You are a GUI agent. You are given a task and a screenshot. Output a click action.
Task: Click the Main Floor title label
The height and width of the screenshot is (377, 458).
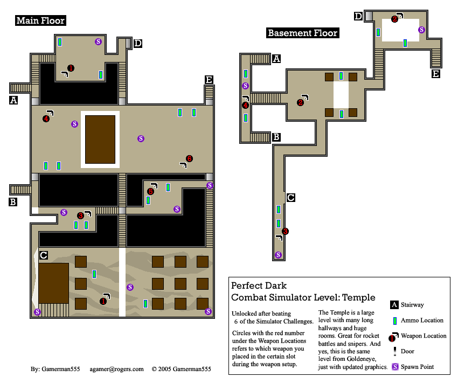click(40, 21)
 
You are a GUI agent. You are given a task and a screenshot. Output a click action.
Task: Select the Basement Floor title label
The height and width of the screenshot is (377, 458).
click(302, 33)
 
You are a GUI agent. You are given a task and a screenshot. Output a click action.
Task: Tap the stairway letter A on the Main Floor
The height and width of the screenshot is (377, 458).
click(13, 100)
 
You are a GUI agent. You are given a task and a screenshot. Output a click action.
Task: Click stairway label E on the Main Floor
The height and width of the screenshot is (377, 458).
click(209, 80)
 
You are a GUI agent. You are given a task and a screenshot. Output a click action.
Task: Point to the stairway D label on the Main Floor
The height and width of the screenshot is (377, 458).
click(137, 43)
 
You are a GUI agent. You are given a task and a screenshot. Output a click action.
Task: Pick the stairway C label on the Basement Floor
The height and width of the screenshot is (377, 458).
click(290, 198)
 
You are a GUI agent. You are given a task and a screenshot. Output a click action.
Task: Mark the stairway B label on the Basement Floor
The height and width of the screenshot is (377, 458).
click(276, 137)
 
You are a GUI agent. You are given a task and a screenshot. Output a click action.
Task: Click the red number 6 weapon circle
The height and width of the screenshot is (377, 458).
click(189, 158)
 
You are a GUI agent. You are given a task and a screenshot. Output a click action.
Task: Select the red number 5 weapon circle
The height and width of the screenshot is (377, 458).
click(150, 191)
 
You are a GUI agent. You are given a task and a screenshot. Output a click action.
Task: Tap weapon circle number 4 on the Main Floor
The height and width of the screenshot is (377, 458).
click(46, 119)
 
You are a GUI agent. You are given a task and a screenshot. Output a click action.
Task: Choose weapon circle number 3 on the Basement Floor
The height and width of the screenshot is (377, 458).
click(285, 232)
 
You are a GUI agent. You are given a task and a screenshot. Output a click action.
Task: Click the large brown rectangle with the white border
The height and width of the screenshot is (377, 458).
click(100, 139)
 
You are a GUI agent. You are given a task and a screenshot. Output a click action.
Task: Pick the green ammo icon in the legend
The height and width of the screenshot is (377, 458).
click(395, 320)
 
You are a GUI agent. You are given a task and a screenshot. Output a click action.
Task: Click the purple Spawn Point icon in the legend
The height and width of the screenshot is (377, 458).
click(395, 367)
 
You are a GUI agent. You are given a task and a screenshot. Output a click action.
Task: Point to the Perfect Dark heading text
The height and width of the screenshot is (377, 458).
click(259, 285)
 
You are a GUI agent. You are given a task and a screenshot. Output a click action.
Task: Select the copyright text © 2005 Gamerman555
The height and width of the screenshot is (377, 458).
click(181, 369)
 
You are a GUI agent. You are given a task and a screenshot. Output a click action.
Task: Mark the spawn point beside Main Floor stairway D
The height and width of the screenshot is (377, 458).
click(98, 41)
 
